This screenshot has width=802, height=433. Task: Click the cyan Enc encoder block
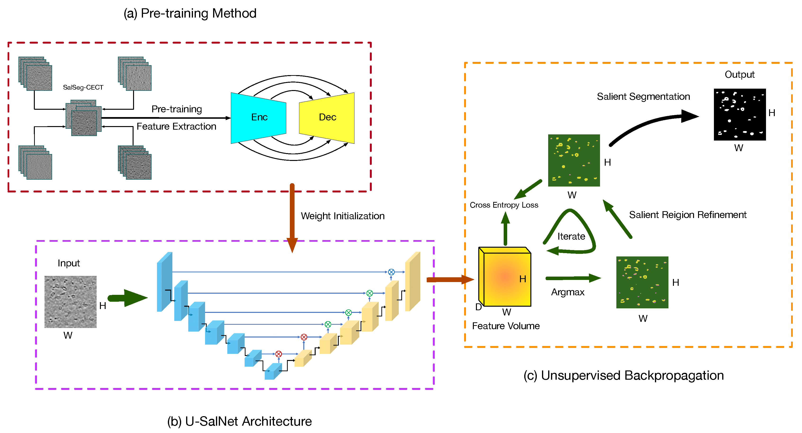(x=258, y=118)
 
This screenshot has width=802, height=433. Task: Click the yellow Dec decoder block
(x=327, y=118)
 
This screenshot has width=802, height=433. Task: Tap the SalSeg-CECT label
(x=83, y=87)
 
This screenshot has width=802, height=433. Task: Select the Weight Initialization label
(x=342, y=216)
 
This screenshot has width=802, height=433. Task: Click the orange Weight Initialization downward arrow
(x=292, y=218)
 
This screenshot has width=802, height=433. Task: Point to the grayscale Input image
(x=70, y=301)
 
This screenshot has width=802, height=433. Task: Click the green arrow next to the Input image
(x=128, y=298)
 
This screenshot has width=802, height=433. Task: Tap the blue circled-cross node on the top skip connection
(x=391, y=272)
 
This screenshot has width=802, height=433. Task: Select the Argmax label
(x=568, y=292)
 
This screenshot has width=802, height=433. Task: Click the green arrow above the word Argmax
(x=573, y=278)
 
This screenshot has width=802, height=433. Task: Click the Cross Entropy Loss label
(x=504, y=205)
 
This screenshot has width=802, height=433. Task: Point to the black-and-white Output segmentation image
(x=739, y=115)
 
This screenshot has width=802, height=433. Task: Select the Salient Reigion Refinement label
(x=687, y=215)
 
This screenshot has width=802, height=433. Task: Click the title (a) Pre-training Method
(x=190, y=14)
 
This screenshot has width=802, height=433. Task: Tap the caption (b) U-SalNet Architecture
(x=239, y=421)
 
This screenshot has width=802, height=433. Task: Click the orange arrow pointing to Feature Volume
(x=450, y=279)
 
